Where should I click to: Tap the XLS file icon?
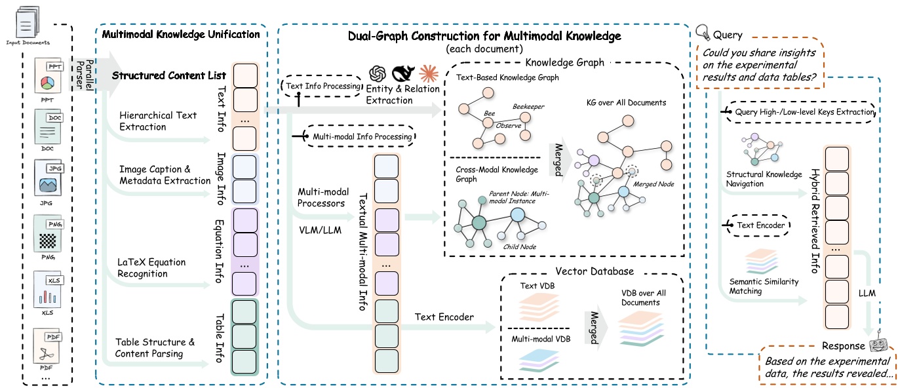pos(48,290)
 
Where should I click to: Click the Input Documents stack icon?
pos(28,22)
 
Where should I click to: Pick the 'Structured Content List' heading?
pos(168,75)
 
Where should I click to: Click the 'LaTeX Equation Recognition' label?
pos(151,268)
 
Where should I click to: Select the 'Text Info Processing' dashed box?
pos(322,86)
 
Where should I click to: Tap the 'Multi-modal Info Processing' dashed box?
pos(361,136)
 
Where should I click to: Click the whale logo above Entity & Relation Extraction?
pos(403,73)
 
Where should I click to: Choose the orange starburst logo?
pos(429,73)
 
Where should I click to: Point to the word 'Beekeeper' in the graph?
pos(528,107)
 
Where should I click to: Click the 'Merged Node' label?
pos(653,184)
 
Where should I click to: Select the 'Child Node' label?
pos(520,247)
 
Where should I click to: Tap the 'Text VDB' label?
pos(537,286)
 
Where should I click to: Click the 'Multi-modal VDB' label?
pos(541,339)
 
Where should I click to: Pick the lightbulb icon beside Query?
pos(703,31)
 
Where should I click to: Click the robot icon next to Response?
pos(878,343)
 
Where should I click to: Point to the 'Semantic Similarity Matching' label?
pos(764,286)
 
